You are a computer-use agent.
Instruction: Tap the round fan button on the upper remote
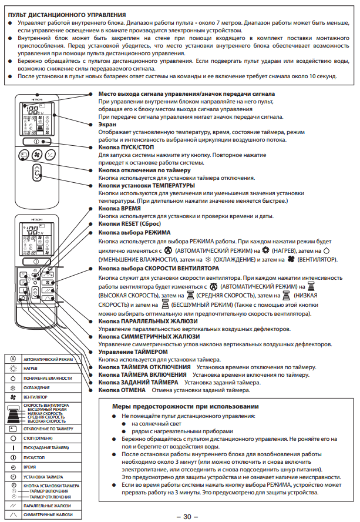36,156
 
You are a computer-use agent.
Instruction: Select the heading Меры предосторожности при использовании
185,406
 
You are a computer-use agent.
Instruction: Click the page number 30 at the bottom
187,516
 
